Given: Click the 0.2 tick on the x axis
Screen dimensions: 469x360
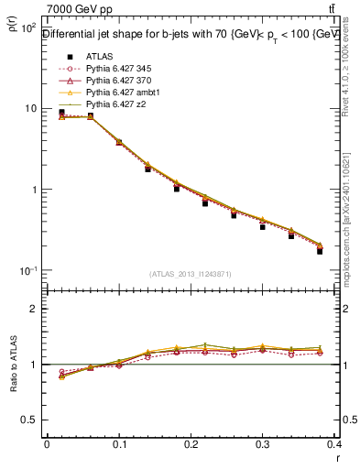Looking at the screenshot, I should pos(191,446).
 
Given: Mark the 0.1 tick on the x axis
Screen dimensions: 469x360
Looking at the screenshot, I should pos(119,446).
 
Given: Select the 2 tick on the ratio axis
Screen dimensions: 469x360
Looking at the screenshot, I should pos(38,309).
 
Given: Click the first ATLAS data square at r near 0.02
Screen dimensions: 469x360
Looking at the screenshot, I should pos(61,113).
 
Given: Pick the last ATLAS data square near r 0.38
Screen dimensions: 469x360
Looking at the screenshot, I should pos(320,251).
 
